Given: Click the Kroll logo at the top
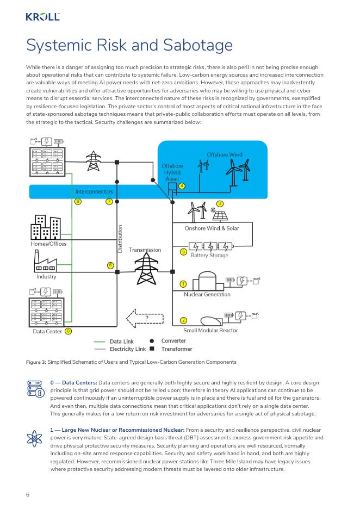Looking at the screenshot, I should [x=42, y=17].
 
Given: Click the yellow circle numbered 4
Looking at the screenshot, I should [x=182, y=186].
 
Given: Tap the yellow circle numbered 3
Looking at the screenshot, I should [x=220, y=203].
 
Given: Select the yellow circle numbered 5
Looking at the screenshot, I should [x=183, y=252].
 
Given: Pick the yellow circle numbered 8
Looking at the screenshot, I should [x=78, y=202].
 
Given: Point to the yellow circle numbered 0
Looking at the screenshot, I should [x=68, y=331].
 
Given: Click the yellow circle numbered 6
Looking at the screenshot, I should [x=110, y=265].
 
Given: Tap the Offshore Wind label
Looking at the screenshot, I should [x=224, y=155].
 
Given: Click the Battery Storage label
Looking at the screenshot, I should [x=209, y=255].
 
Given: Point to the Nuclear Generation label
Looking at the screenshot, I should [x=207, y=294].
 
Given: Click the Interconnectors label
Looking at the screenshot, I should [x=94, y=191].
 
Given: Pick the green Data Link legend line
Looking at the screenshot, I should [x=100, y=342].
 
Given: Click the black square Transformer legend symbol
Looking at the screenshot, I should [x=152, y=349].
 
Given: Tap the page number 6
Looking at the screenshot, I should [x=27, y=494].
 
